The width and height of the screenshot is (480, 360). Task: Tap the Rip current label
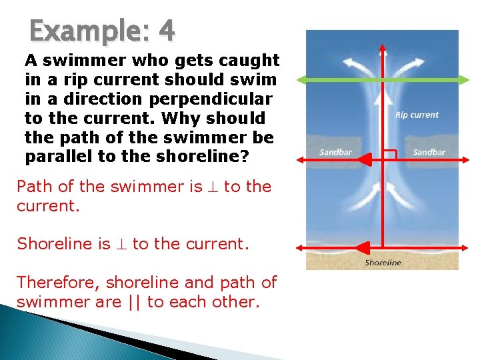click(417, 115)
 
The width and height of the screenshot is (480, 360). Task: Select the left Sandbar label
click(335, 153)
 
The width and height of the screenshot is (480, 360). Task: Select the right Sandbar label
click(429, 153)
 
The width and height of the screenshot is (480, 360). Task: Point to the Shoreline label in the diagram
click(383, 263)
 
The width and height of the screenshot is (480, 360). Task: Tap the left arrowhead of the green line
click(301, 80)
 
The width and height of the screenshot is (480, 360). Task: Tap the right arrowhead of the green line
click(466, 80)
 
